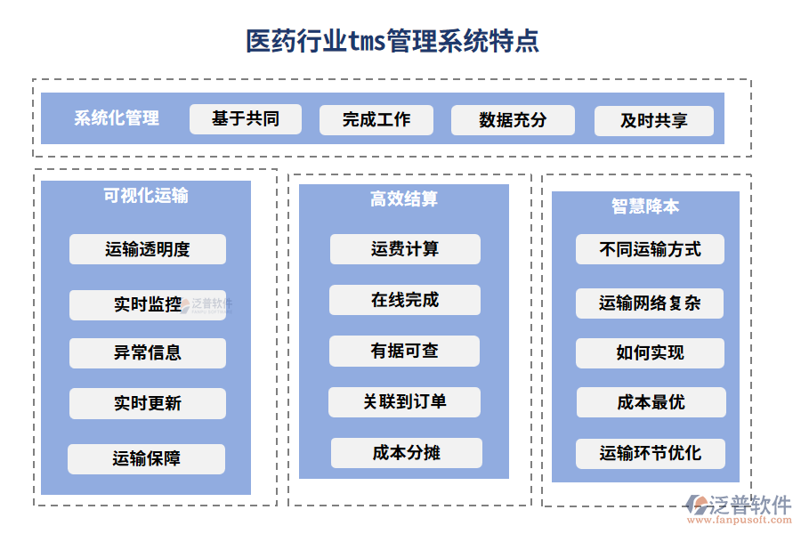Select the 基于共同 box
(x=246, y=119)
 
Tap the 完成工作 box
(x=376, y=120)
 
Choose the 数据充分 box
(x=513, y=120)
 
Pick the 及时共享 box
(x=654, y=121)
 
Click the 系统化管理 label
(x=117, y=118)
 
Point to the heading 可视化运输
(x=146, y=196)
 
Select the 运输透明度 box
(x=148, y=249)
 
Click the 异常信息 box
(x=148, y=353)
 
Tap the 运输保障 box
(x=147, y=459)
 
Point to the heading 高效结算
(x=404, y=199)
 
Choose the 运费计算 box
(x=405, y=249)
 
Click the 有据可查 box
(x=404, y=352)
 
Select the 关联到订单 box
(x=404, y=402)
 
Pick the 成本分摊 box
(x=406, y=453)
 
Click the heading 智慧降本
(x=645, y=206)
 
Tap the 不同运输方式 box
(x=650, y=250)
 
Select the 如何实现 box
(x=650, y=353)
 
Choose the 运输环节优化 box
(x=650, y=454)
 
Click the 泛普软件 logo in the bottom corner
(x=738, y=507)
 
